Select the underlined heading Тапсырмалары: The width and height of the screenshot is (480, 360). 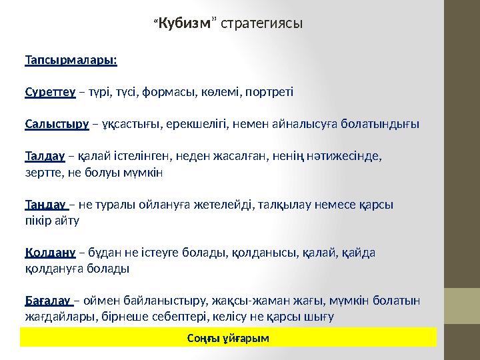[71, 60]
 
